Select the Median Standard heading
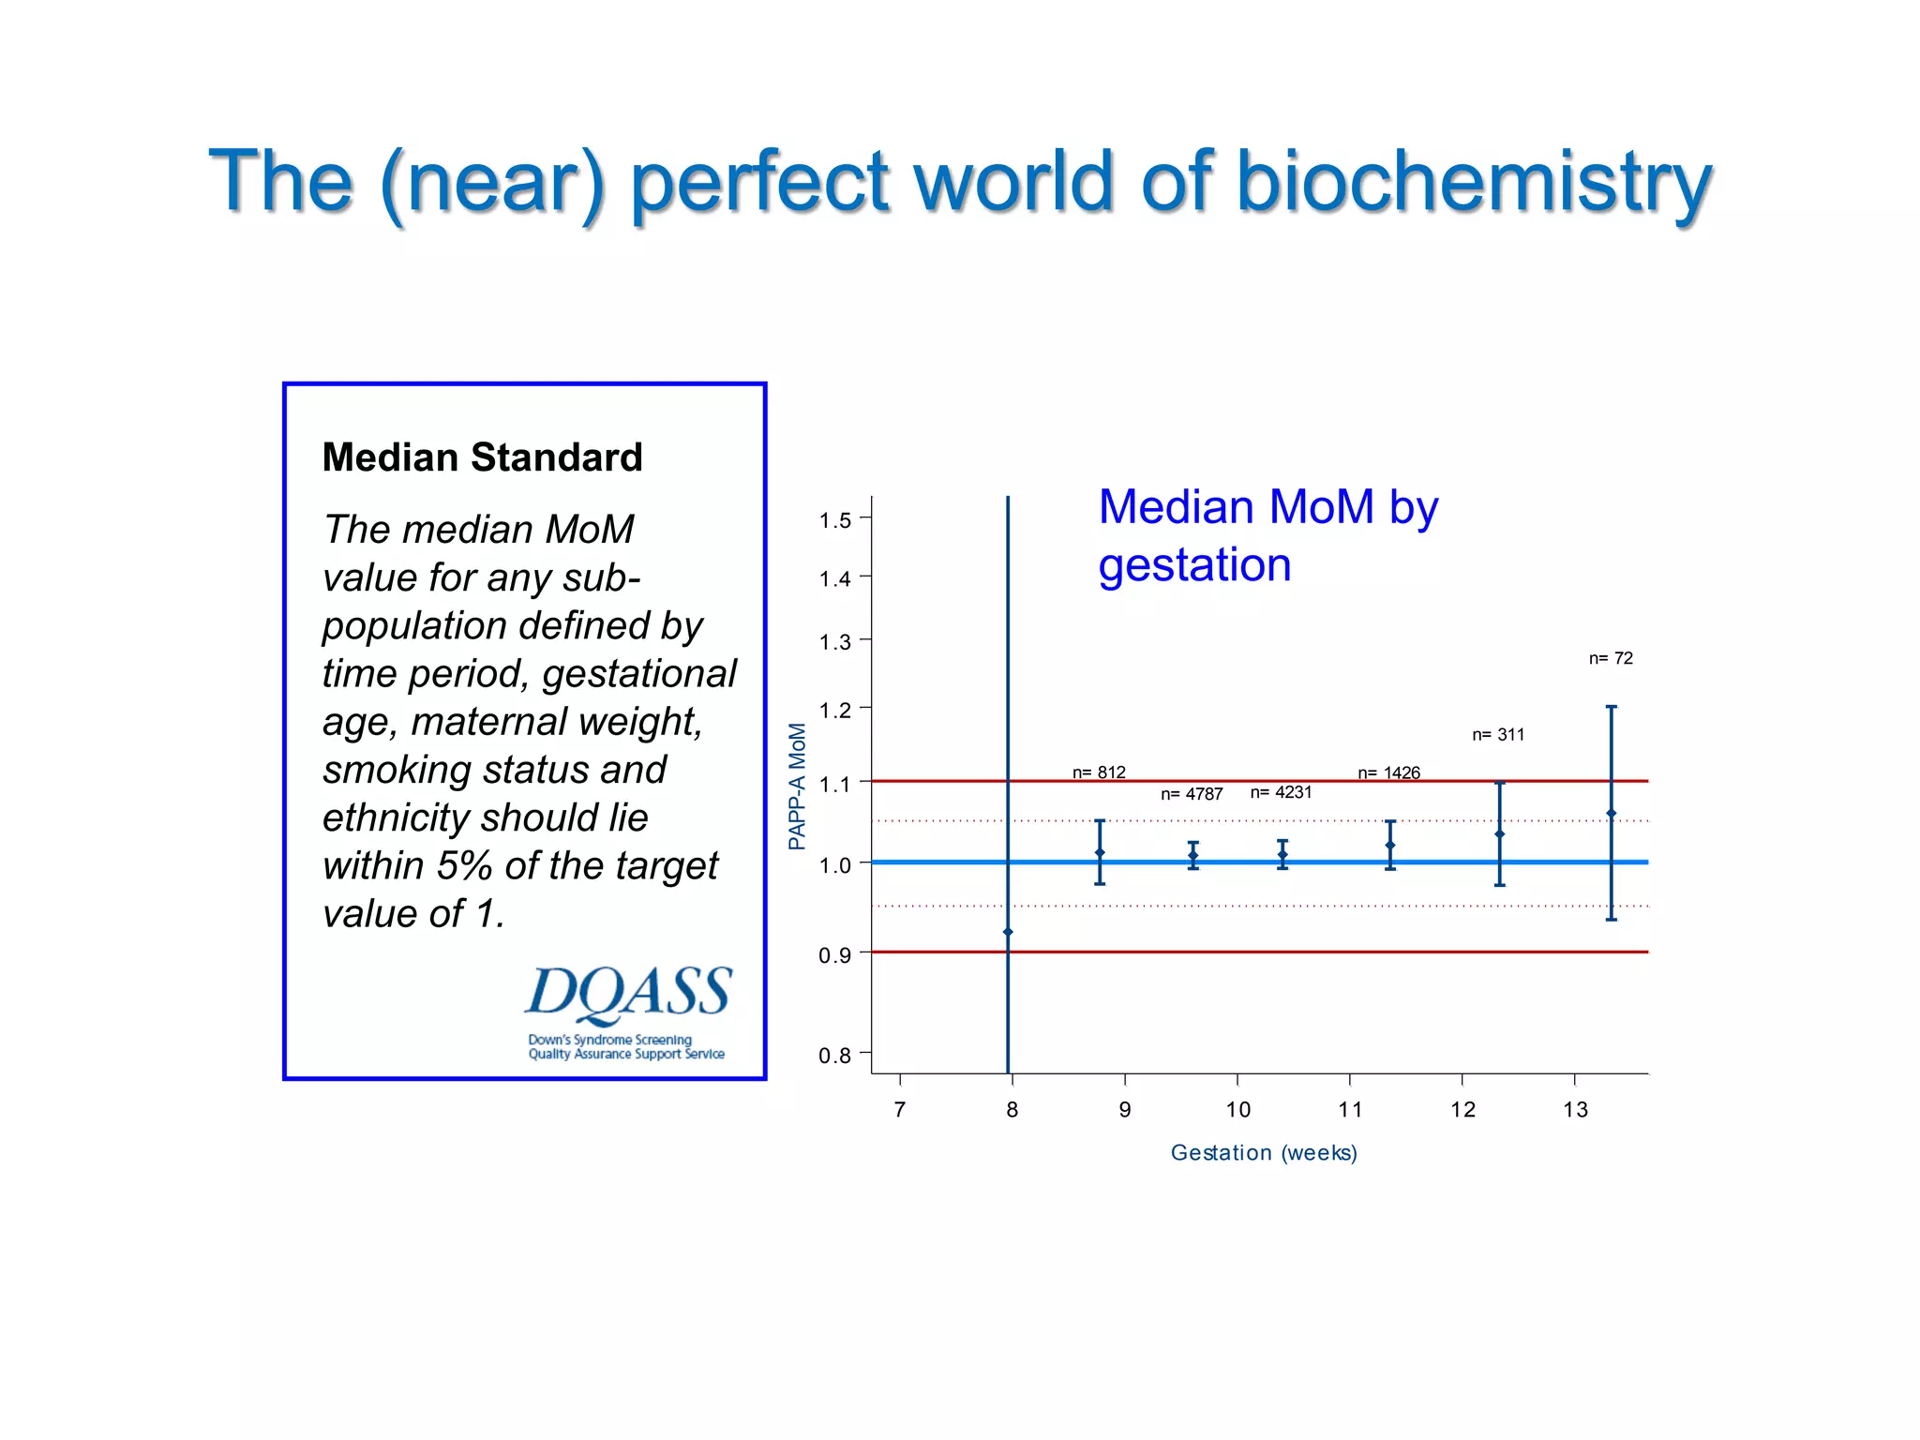(482, 457)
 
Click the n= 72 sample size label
(1611, 658)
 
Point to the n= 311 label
(1498, 734)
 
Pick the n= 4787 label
(1192, 794)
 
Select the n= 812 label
(1099, 772)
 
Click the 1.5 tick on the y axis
(834, 519)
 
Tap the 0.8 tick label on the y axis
(834, 1056)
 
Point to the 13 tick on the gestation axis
(1575, 1109)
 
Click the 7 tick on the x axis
(900, 1109)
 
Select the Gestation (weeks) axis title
(1264, 1152)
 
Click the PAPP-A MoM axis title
(797, 786)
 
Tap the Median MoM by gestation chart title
(1267, 535)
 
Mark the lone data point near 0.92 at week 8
(1008, 932)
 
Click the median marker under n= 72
(1611, 813)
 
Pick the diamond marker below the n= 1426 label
(1390, 845)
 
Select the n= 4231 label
(1281, 792)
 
